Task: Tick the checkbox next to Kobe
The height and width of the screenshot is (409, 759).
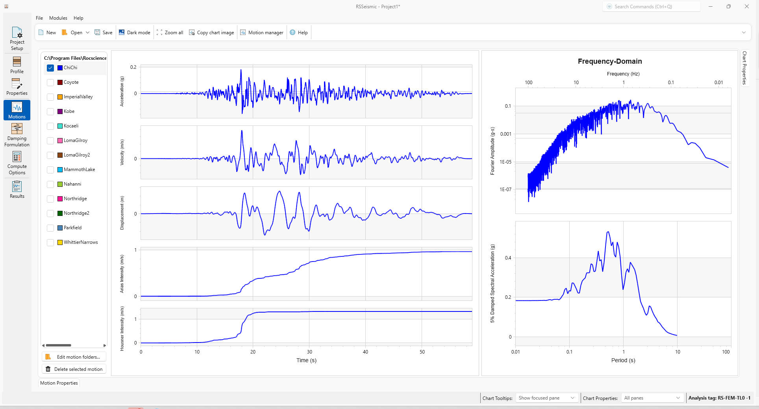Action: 50,112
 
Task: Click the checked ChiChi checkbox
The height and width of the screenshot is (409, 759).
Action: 50,68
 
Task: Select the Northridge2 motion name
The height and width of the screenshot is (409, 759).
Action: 76,213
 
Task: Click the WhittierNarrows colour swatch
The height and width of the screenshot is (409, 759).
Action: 60,242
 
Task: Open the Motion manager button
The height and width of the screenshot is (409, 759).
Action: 262,33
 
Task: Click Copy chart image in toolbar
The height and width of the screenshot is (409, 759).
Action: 211,33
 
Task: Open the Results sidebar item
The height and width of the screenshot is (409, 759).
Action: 17,190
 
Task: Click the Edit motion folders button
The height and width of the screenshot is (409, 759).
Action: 74,357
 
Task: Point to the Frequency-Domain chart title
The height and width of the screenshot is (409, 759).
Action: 610,61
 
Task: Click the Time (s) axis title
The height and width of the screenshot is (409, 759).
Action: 306,360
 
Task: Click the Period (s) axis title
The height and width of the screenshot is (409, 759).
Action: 623,360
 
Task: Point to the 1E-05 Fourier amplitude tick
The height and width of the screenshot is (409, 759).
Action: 505,162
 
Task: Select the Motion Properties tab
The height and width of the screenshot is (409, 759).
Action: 59,383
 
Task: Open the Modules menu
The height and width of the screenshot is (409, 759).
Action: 58,18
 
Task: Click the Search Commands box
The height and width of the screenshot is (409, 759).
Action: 651,7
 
